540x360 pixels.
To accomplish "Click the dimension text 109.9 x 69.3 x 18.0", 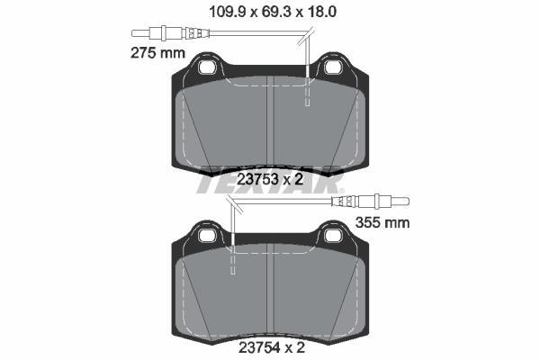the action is pyautogui.click(x=273, y=13).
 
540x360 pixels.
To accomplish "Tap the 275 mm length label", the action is pyautogui.click(x=158, y=53).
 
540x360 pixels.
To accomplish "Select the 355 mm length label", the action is pyautogui.click(x=382, y=222).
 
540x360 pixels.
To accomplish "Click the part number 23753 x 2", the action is pyautogui.click(x=270, y=179).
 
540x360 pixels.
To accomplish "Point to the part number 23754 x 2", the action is pyautogui.click(x=272, y=348).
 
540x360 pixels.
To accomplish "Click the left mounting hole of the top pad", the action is pyautogui.click(x=207, y=67).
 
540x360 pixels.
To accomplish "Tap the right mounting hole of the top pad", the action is pyautogui.click(x=333, y=67).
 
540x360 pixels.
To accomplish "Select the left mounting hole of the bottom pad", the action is pyautogui.click(x=207, y=236).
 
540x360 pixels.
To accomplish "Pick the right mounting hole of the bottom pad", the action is pyautogui.click(x=333, y=236).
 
